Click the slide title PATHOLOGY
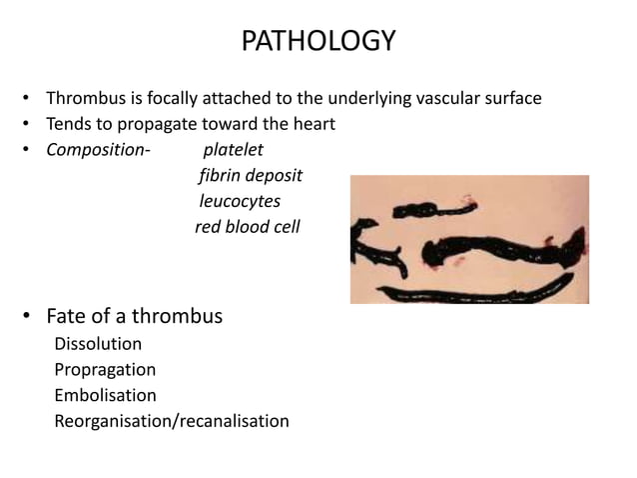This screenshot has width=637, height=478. point(318,42)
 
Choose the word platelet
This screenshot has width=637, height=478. point(233,151)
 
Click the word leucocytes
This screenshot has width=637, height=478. point(240,201)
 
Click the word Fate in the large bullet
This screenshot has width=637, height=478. point(66,317)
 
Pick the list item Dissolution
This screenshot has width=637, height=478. point(98,344)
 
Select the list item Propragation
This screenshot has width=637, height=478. point(105,369)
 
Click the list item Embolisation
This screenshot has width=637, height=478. point(105,395)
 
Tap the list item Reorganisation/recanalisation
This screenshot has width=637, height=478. point(172,421)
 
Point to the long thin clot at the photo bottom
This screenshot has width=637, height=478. point(469,292)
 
